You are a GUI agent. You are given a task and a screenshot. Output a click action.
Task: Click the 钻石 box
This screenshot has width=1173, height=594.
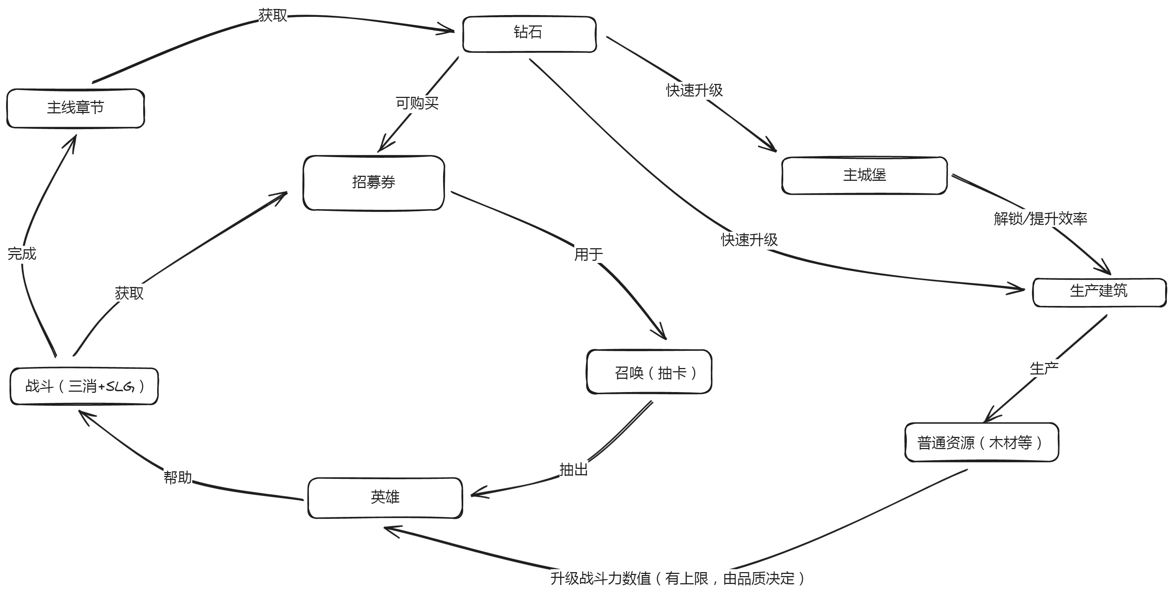point(529,34)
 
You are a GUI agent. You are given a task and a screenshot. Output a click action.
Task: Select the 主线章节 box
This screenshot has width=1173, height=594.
point(76,108)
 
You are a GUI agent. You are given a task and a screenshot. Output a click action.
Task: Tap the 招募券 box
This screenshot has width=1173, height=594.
point(374,183)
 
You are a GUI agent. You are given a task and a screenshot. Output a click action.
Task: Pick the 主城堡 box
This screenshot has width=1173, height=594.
point(864,176)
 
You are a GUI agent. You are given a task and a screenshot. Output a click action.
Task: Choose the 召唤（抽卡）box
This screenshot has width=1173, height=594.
point(649,372)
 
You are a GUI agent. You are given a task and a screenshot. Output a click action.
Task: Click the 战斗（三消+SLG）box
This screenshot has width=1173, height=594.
point(84,386)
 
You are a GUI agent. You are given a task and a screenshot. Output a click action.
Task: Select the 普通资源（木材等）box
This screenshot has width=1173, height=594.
point(981,442)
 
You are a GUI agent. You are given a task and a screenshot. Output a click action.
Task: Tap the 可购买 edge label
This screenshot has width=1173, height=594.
point(417,104)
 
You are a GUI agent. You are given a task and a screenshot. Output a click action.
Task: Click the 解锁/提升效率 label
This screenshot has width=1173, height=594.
point(1040,219)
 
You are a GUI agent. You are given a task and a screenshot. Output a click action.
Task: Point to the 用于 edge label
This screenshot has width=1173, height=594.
point(588,254)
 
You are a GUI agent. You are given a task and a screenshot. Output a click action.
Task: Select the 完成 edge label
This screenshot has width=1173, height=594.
point(22,254)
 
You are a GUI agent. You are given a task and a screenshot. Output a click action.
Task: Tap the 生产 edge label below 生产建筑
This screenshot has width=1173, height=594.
point(1044,369)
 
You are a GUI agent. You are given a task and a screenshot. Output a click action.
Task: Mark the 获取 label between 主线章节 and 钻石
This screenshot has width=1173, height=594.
point(272,15)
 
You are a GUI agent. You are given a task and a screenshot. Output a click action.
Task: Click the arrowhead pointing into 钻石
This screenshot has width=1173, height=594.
point(449,31)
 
